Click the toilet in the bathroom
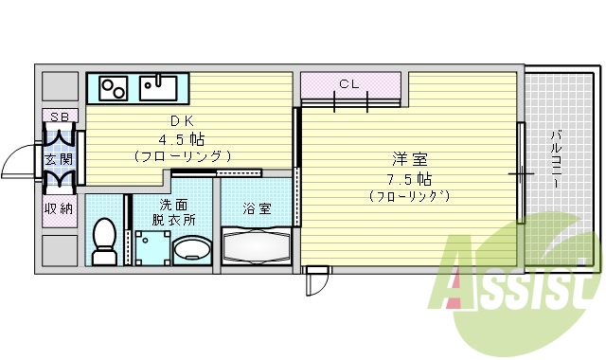[x=104, y=242]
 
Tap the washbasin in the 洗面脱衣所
[x=191, y=249]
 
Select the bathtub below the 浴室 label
[x=258, y=249]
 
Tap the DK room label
[x=182, y=120]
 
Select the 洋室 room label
[x=408, y=160]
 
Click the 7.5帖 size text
[x=409, y=178]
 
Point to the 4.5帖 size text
[x=183, y=137]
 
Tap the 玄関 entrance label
[x=60, y=159]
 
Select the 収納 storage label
[x=60, y=208]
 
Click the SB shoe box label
[x=60, y=117]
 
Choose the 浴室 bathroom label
[x=256, y=207]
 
